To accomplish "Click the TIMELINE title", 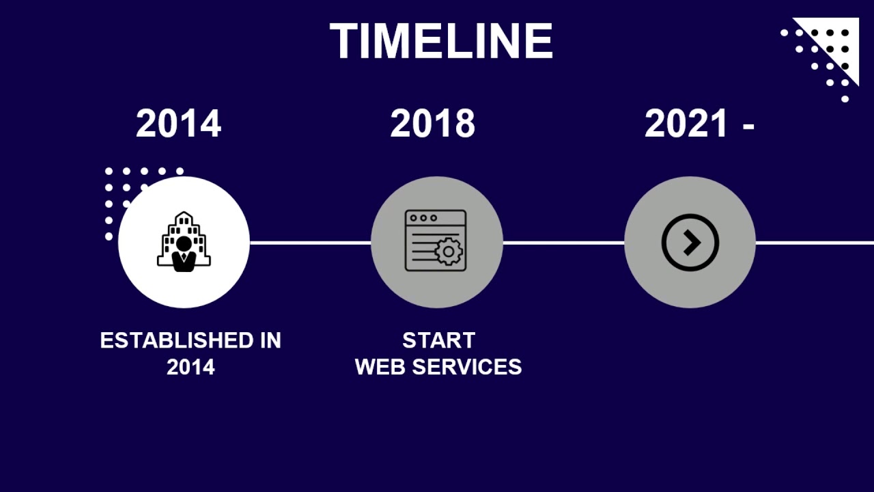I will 441,42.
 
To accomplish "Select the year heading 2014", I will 178,124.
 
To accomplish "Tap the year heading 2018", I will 432,124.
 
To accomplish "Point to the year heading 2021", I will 686,124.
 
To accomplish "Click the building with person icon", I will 184,242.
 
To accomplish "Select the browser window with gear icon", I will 436,241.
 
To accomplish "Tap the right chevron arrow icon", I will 690,243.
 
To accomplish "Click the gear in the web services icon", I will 449,251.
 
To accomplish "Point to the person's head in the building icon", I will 184,243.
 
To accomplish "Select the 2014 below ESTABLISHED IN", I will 191,368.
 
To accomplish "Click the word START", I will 438,340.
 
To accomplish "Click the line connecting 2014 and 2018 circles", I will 310,243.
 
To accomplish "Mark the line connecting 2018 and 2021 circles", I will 563,243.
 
